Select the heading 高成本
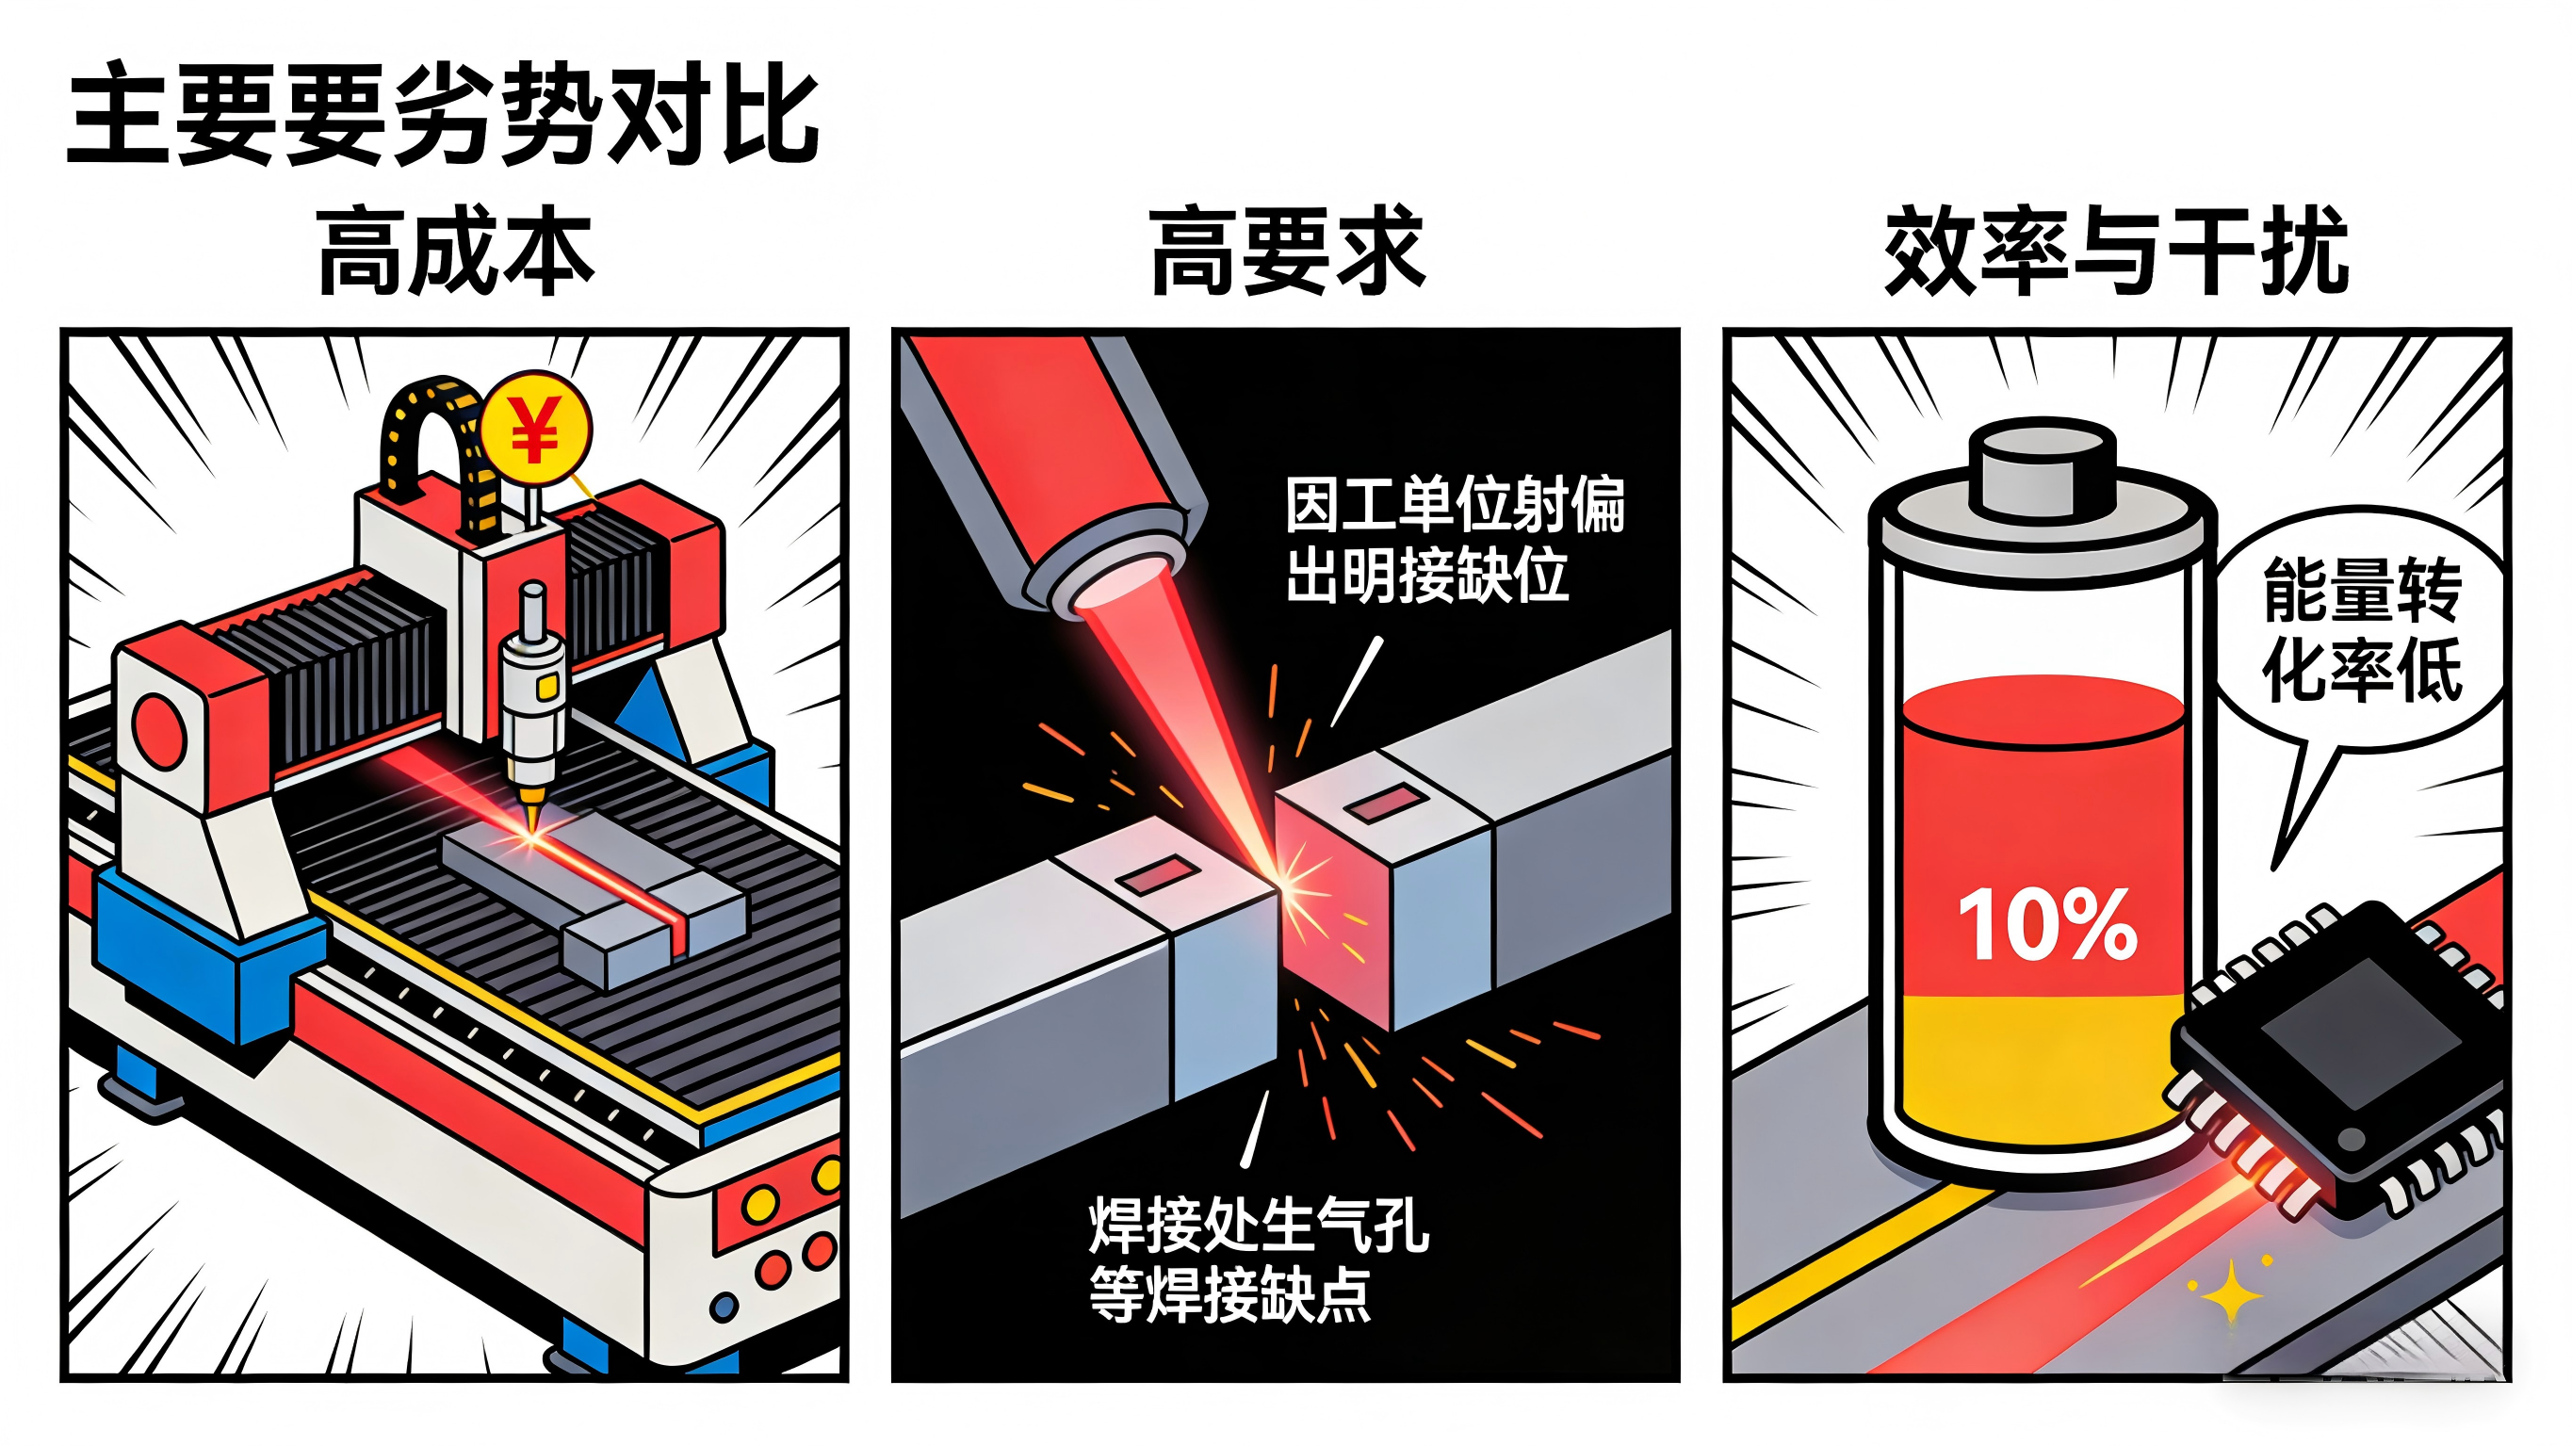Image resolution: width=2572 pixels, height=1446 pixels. (455, 251)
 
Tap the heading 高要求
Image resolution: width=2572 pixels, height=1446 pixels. (1287, 251)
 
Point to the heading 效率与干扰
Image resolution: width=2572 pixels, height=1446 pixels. (2116, 251)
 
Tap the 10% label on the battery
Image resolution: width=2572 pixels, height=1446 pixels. (2047, 926)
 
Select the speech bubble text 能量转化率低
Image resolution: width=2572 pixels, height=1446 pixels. (2360, 629)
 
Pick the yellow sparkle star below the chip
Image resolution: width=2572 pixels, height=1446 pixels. (2233, 1296)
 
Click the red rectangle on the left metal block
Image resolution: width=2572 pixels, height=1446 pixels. (1158, 876)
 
